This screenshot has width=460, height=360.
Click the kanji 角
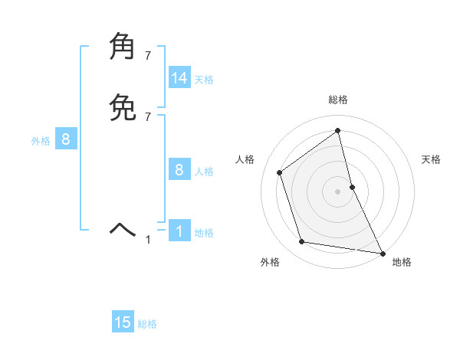tap(124, 47)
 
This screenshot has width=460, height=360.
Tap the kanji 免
tap(124, 107)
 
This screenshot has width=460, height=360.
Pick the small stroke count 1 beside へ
tap(148, 240)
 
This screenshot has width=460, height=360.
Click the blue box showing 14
tap(179, 78)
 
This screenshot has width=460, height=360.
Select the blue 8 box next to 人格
tap(179, 170)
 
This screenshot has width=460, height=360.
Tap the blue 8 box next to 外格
tap(66, 139)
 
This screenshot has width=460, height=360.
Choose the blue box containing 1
tap(179, 231)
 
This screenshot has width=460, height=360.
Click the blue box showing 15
tap(123, 322)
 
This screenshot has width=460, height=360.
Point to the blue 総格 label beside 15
tap(147, 324)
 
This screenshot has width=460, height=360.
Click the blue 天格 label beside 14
tap(204, 80)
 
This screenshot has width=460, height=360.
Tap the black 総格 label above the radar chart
tap(337, 100)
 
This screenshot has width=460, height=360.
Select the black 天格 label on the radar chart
tap(431, 159)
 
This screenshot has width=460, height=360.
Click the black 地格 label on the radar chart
tap(402, 262)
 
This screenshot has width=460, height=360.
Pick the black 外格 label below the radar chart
tap(270, 262)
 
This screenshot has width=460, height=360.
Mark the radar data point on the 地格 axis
tap(382, 252)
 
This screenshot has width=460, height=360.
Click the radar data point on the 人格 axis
tap(280, 172)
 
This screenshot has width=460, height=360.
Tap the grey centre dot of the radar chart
tap(337, 191)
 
